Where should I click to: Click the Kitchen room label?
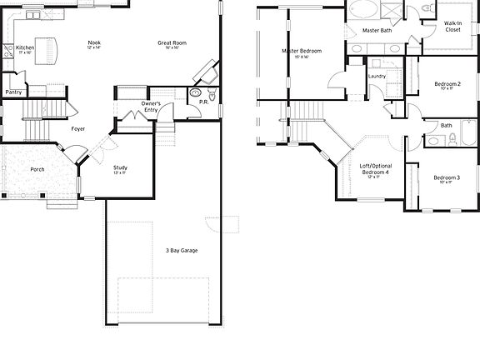(x=26, y=48)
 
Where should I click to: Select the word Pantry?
(x=14, y=92)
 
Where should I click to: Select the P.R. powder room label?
(x=203, y=102)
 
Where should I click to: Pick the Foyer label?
(x=77, y=128)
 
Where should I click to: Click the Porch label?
(x=37, y=169)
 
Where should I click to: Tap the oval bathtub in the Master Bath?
(x=362, y=11)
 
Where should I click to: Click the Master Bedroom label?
(x=302, y=52)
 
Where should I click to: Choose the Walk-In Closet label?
(x=452, y=27)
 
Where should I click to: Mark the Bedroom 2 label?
(x=447, y=84)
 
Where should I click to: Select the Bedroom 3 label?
(x=447, y=177)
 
